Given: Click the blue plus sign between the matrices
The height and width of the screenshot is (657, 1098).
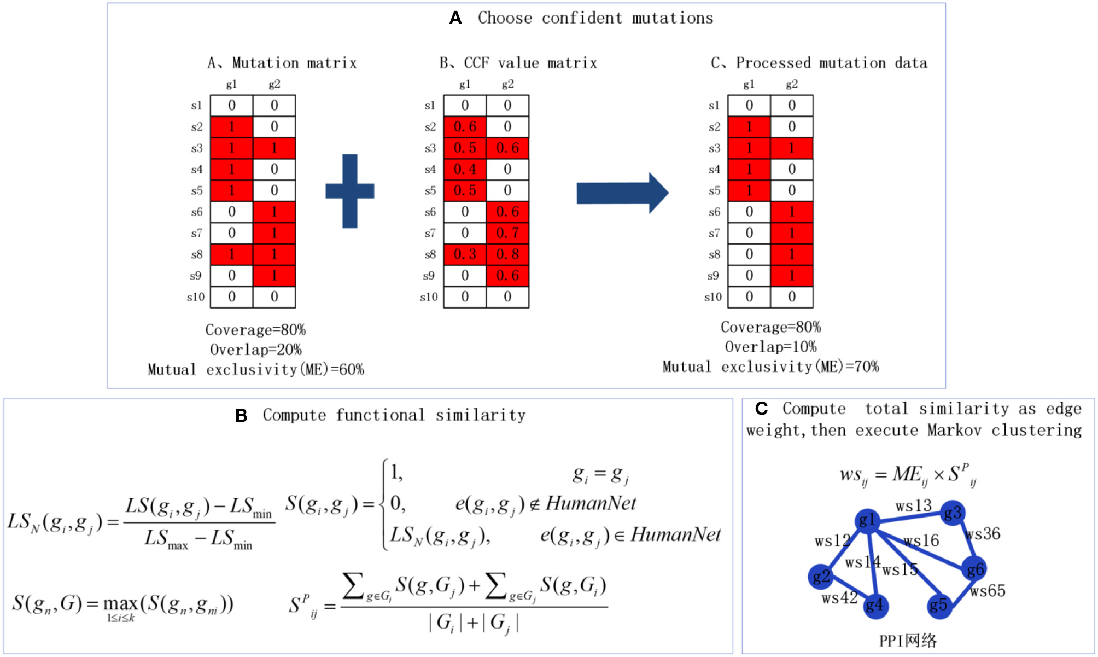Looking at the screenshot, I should [350, 191].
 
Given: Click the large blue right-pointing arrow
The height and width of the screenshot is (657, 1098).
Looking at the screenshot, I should [622, 193].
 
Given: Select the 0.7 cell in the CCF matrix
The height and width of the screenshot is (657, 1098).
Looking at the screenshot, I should [507, 233].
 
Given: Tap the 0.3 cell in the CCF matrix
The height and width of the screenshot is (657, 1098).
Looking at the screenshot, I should [465, 254].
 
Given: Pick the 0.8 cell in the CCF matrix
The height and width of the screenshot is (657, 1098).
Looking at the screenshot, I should [507, 254].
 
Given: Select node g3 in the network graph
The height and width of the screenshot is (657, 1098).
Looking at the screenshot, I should [953, 513].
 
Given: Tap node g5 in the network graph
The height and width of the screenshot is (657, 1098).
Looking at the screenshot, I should [939, 605].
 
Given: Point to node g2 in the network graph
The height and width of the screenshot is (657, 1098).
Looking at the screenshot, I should [821, 576].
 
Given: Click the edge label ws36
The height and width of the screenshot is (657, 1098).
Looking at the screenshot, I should [983, 534].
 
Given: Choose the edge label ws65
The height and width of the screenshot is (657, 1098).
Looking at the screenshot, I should [988, 591].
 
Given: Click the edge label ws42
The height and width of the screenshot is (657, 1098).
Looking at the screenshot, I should [839, 598].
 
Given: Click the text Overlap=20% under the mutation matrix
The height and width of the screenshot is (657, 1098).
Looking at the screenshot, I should [255, 350].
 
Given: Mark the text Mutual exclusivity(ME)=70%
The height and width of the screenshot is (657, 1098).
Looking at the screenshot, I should [770, 367].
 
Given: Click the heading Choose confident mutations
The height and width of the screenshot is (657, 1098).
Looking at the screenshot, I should [595, 18].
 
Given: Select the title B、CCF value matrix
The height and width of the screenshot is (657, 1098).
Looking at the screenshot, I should [518, 63].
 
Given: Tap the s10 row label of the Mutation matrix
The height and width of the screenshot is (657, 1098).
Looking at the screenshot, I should [195, 297].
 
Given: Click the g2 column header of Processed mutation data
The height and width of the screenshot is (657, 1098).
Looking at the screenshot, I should [791, 84].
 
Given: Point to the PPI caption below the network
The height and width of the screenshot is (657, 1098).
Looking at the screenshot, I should [908, 640].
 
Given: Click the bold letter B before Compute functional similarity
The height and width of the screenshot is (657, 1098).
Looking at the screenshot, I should [241, 416].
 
